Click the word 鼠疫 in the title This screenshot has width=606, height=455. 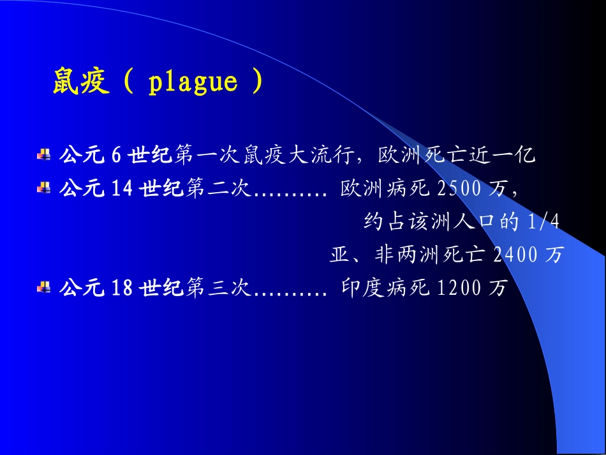click(x=81, y=83)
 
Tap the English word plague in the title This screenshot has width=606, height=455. click(x=193, y=83)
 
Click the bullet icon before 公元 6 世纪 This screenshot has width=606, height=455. click(x=44, y=154)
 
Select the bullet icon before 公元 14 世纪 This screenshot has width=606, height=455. click(x=44, y=188)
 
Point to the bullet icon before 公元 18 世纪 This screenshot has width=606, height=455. click(x=44, y=287)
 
